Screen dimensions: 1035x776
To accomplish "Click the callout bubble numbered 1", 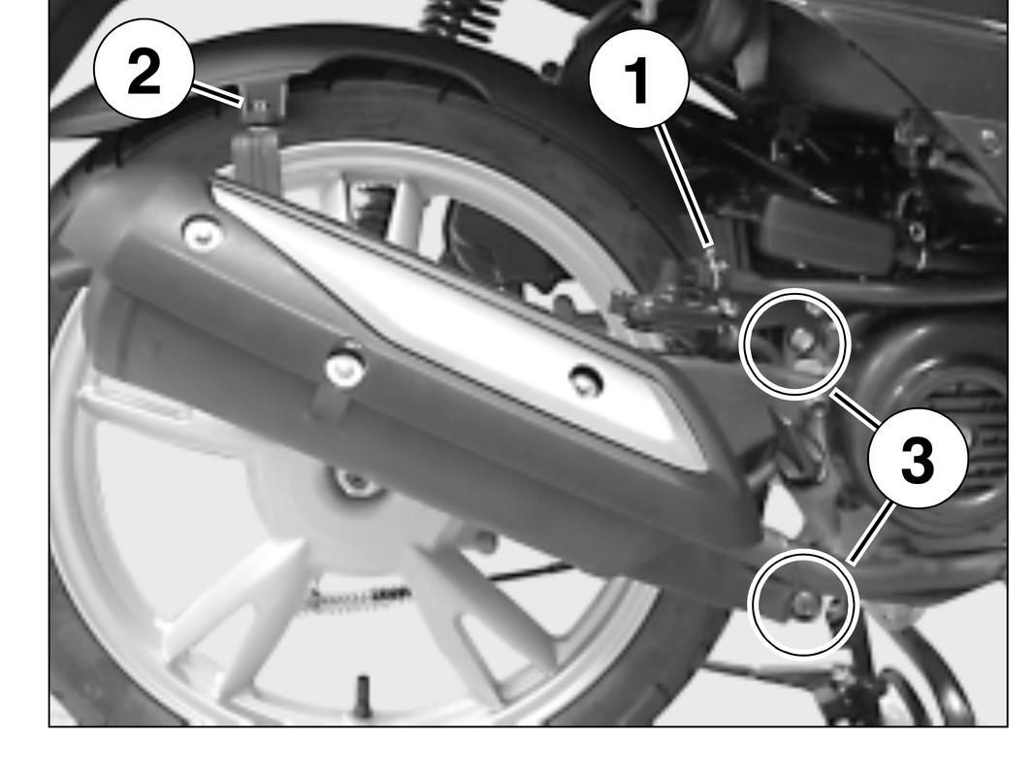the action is [638, 78].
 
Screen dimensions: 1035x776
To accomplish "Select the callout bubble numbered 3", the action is [918, 458].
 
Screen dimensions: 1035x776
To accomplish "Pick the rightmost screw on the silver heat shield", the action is [585, 378].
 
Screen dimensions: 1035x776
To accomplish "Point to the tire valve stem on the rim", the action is [361, 694].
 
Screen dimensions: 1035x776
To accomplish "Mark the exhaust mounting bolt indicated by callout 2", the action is [259, 108].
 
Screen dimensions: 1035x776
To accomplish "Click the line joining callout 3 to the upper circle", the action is [856, 408].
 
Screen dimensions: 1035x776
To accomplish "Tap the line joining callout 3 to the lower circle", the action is [873, 532].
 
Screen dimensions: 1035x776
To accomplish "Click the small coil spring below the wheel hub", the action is [360, 599].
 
